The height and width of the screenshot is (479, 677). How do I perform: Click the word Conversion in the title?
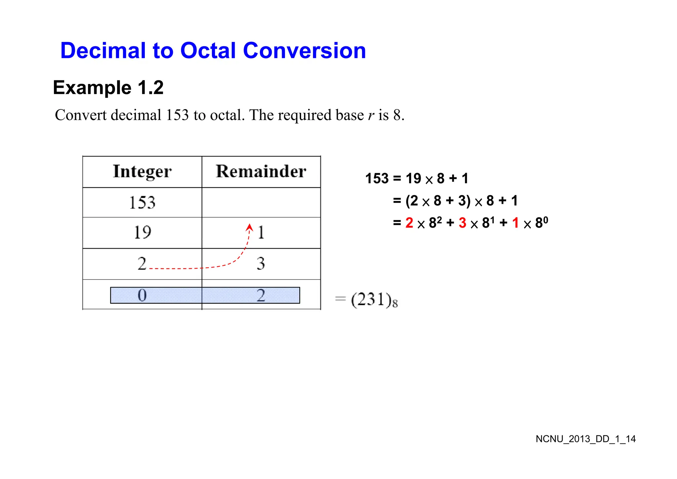click(304, 51)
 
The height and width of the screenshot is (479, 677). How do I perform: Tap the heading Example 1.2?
click(108, 88)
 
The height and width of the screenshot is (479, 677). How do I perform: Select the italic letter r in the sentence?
click(371, 115)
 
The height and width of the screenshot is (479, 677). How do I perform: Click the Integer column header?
click(142, 171)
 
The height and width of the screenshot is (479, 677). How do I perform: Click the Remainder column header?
click(261, 171)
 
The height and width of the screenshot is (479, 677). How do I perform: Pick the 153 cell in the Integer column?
click(142, 202)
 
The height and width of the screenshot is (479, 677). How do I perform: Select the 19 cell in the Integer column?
click(142, 232)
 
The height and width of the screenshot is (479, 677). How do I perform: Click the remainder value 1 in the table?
click(261, 232)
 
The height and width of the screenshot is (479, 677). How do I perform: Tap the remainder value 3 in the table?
click(261, 264)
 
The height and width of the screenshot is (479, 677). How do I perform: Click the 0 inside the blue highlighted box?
click(142, 295)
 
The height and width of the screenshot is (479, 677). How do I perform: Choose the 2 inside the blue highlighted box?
click(261, 295)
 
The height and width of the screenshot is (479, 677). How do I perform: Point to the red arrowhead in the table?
click(250, 227)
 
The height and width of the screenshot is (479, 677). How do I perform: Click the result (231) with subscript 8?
click(374, 300)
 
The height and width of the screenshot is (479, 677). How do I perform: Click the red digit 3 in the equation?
click(462, 223)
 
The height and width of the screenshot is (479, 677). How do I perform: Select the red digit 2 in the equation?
click(409, 223)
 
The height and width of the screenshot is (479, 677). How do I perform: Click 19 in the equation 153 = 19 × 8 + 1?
click(413, 179)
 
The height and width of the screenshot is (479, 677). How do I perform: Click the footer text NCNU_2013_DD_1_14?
click(585, 439)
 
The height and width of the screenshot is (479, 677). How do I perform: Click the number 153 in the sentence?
click(177, 115)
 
